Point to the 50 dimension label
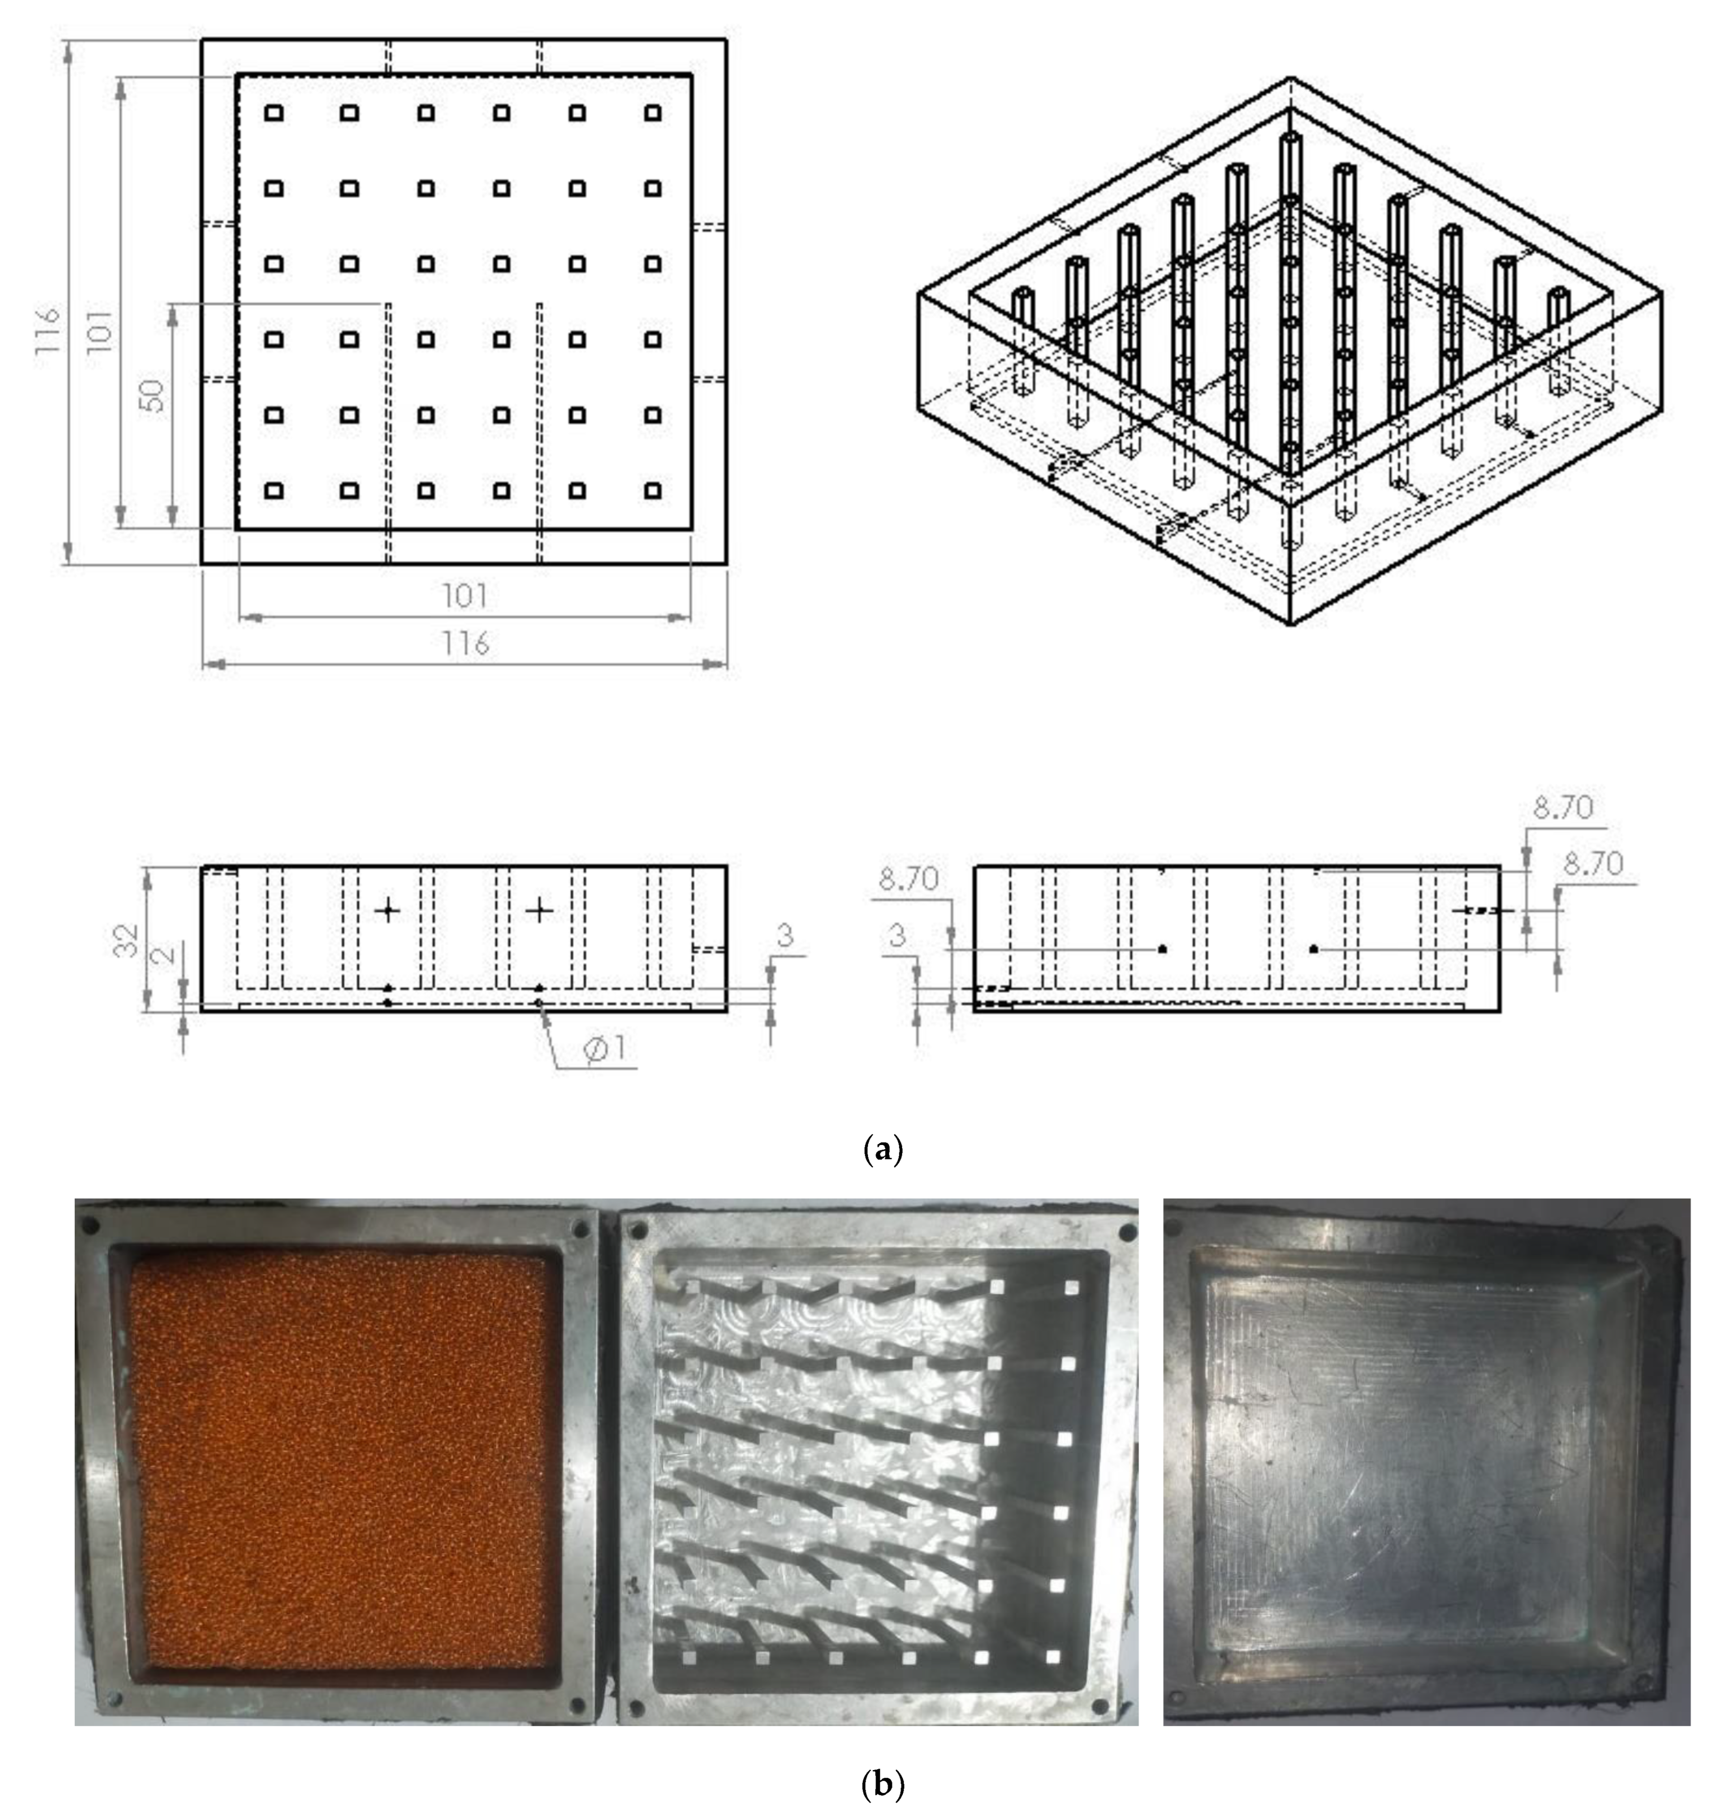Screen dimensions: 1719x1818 click(154, 395)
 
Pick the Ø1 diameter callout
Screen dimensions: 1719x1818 click(605, 1048)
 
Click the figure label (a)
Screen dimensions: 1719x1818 click(883, 1149)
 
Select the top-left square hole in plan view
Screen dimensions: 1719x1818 click(273, 113)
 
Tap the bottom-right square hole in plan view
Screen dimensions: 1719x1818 click(652, 490)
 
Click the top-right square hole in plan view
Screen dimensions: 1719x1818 click(652, 113)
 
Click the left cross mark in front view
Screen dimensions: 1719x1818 click(389, 910)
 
